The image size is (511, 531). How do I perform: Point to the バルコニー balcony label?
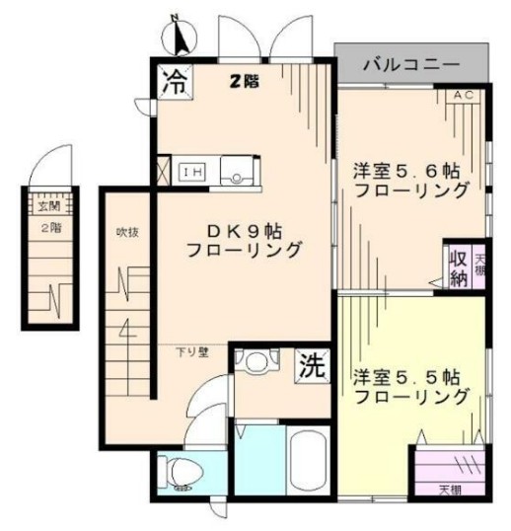pos(410,65)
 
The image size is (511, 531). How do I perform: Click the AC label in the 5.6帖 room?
pos(465,96)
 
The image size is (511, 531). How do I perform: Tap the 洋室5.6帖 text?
pos(411,170)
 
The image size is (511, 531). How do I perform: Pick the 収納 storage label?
pos(458,266)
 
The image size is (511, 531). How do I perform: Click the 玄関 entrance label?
pos(49,207)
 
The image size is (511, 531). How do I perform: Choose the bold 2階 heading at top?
pos(245,82)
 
